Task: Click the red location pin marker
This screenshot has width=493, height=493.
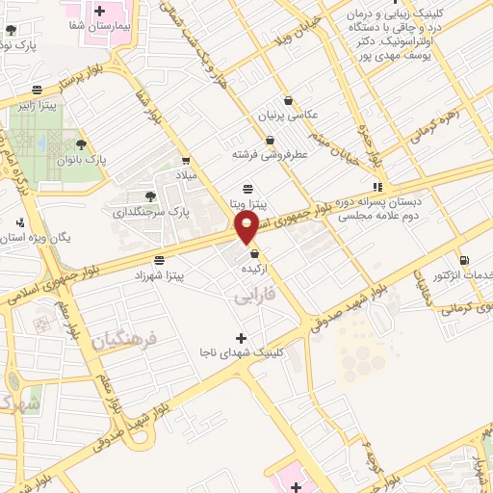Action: pyautogui.click(x=247, y=227)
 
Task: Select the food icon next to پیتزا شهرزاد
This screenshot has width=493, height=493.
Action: pyautogui.click(x=159, y=260)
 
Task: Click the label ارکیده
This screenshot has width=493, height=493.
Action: pyautogui.click(x=255, y=269)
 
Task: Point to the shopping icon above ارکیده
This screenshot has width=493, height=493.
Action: pyautogui.click(x=255, y=254)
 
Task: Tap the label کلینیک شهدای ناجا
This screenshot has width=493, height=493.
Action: pyautogui.click(x=240, y=353)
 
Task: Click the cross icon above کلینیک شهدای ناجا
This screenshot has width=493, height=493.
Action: pyautogui.click(x=241, y=338)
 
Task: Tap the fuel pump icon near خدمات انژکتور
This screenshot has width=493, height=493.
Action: pyautogui.click(x=465, y=260)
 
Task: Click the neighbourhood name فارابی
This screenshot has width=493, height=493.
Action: pyautogui.click(x=255, y=295)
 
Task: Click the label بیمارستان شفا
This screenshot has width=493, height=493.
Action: pyautogui.click(x=99, y=28)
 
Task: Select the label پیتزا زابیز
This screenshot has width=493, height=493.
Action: pyautogui.click(x=37, y=103)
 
